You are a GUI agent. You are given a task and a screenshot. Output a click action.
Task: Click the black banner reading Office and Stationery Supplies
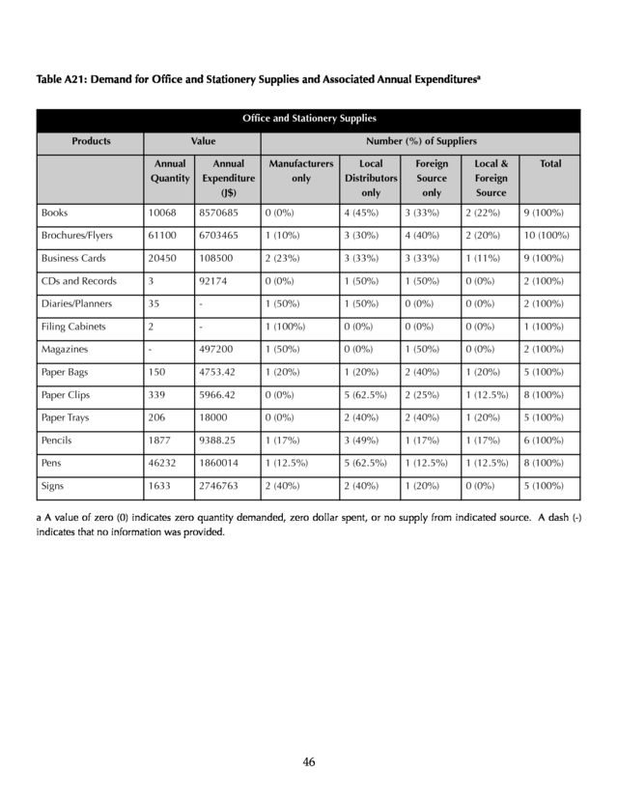(308, 119)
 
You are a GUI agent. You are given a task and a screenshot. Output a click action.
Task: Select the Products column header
(90, 141)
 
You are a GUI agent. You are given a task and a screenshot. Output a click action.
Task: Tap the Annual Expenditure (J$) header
(228, 178)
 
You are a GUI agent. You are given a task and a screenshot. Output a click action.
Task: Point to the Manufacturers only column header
(300, 171)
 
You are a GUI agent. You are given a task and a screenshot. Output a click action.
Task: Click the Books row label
(54, 212)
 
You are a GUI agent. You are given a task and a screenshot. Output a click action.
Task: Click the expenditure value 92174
(214, 281)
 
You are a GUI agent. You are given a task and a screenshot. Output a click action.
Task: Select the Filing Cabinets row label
(73, 327)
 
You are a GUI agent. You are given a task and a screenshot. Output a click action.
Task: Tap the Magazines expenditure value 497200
(217, 350)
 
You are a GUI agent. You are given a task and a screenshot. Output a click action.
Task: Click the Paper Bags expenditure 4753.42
(219, 373)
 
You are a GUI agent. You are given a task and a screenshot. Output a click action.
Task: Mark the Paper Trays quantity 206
(157, 418)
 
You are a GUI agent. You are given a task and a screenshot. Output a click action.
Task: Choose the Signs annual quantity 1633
(160, 488)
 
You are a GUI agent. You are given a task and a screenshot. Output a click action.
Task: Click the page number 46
(309, 761)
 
